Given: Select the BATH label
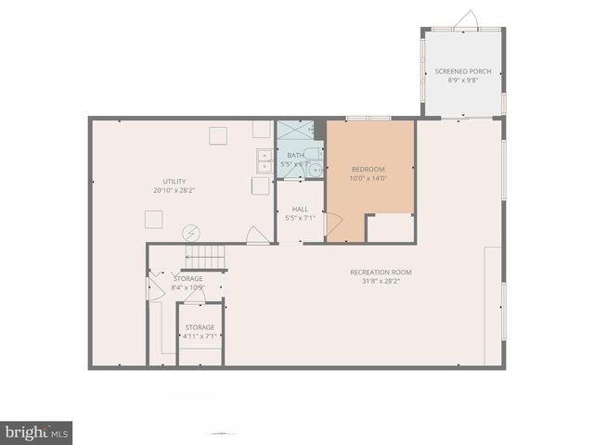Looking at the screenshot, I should tap(295, 155).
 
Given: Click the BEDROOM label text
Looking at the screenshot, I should tap(368, 169).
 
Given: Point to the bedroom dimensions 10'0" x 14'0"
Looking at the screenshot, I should tap(368, 178).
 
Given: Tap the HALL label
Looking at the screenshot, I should tap(300, 210).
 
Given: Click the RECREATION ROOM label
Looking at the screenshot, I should tap(381, 272).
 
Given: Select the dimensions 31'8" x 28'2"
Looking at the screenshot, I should tap(381, 281).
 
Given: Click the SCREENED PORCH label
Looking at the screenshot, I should tap(462, 71).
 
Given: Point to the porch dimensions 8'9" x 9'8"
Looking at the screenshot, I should tap(462, 81).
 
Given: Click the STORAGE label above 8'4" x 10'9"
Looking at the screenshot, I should tap(188, 278).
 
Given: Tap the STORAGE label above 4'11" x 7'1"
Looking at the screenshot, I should tap(200, 327).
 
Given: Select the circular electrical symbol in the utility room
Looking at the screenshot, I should tap(191, 232).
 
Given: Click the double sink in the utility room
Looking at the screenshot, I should tap(264, 161).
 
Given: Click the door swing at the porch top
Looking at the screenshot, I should tap(469, 19).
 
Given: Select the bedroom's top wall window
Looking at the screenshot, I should tap(368, 119).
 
